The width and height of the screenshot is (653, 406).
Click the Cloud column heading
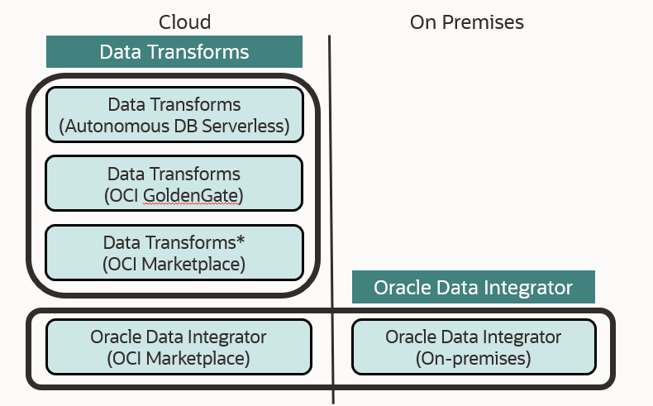point(184,22)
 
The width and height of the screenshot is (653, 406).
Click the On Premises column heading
point(466,22)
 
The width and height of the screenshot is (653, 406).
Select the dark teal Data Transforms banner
point(174,52)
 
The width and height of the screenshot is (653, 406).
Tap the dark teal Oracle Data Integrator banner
point(473,287)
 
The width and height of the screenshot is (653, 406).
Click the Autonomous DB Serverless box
point(174,115)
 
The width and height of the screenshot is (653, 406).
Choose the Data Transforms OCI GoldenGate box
point(174,184)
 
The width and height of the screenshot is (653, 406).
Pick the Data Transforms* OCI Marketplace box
point(174,253)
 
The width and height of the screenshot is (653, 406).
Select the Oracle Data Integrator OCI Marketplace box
point(179,347)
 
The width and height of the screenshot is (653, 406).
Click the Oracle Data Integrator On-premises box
point(473,347)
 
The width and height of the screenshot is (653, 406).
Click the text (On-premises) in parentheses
point(473,359)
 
